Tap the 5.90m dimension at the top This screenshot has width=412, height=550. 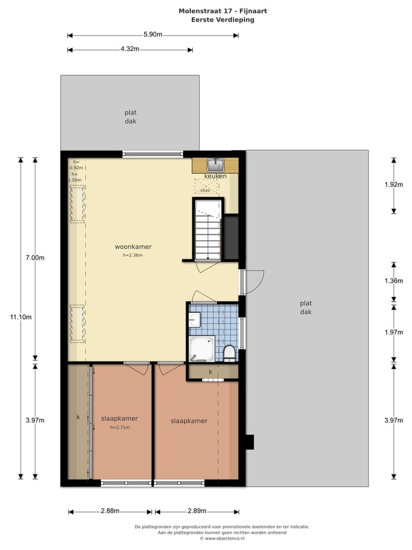[x=153, y=35]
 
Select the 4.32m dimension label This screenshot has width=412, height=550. [x=130, y=49]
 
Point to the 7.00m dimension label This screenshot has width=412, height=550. [x=35, y=258]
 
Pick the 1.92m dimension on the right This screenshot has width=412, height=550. [x=394, y=184]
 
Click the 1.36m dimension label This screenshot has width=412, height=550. [x=394, y=281]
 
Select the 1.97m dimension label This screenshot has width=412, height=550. [x=394, y=332]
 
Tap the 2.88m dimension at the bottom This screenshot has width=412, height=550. [x=110, y=511]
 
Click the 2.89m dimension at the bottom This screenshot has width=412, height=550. [x=196, y=511]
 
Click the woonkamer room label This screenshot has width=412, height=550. [x=133, y=247]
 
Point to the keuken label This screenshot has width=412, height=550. [x=215, y=176]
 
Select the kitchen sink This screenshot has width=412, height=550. [x=215, y=165]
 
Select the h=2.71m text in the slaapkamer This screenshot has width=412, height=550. [x=120, y=427]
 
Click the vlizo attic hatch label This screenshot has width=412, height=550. [x=206, y=190]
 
